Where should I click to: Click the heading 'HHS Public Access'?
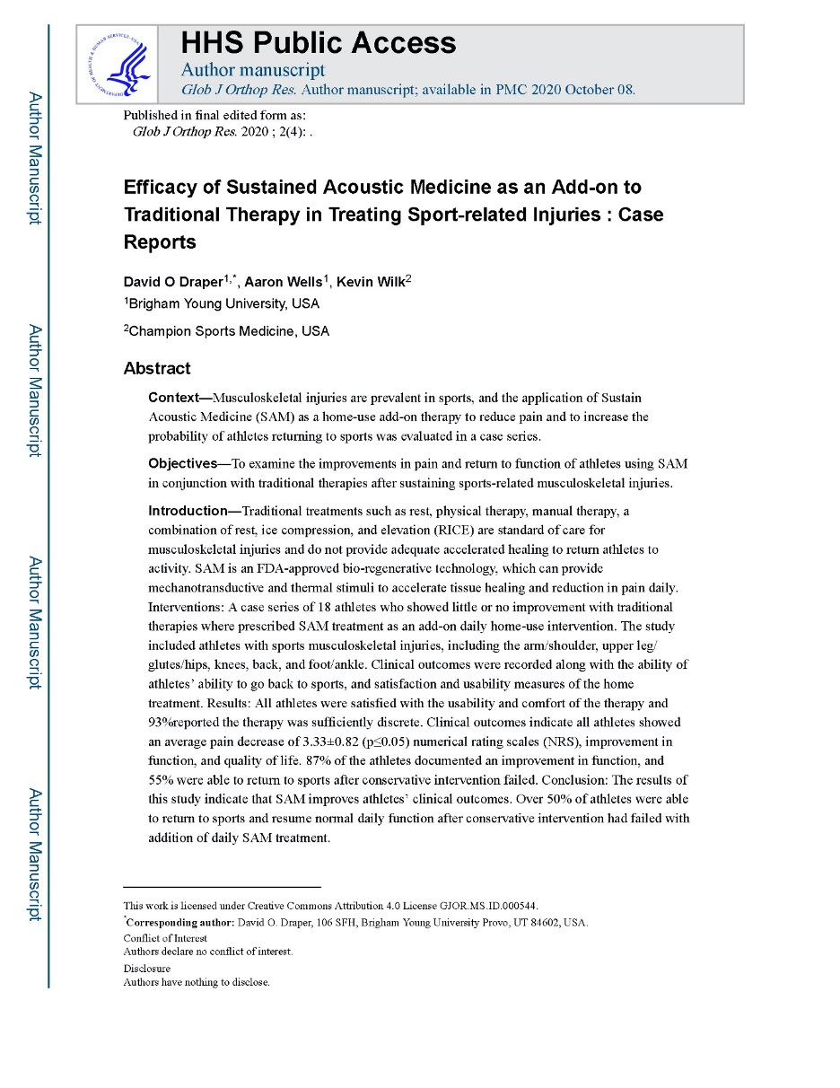(319, 43)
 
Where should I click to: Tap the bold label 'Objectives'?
(183, 463)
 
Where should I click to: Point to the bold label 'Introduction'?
(188, 511)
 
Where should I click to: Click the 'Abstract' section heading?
(157, 368)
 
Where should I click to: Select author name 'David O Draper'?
(173, 282)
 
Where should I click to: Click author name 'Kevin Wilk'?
(370, 282)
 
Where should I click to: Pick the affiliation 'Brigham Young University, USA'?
(223, 303)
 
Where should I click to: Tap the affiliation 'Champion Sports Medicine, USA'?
(228, 331)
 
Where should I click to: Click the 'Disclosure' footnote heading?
(146, 969)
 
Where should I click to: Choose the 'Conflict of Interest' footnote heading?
(165, 939)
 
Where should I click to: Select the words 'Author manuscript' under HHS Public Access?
(253, 69)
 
